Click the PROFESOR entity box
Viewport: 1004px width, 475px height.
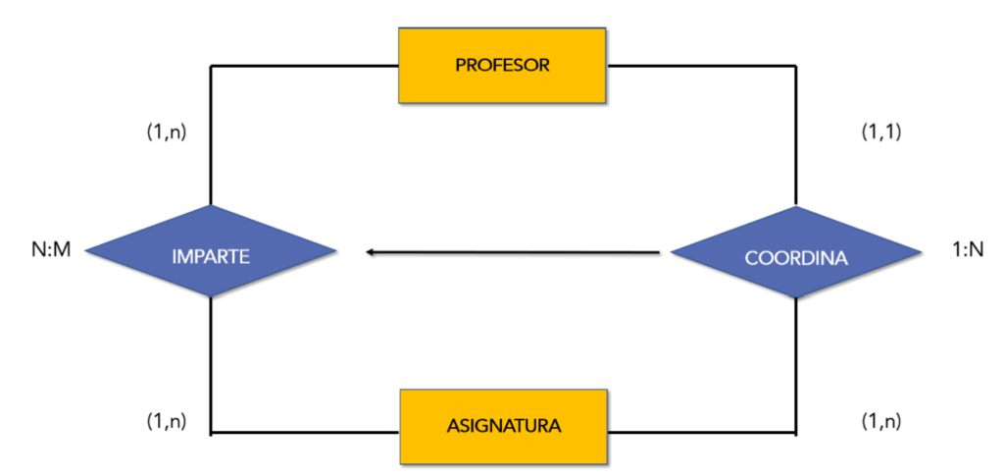pos(501,66)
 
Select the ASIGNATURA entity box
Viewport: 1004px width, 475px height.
pos(503,427)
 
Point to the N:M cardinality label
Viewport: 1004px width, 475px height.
pos(50,252)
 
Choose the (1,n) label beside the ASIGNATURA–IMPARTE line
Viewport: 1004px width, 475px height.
pos(166,421)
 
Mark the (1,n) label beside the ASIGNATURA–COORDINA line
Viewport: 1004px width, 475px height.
pos(880,421)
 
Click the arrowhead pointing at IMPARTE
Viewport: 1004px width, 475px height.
pos(371,253)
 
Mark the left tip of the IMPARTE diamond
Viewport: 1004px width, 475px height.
pos(86,252)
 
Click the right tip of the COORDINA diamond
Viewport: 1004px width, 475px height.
pos(921,253)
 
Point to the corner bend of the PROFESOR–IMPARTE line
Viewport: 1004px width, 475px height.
pos(211,67)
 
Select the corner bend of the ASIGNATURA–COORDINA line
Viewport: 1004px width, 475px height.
pos(795,432)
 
